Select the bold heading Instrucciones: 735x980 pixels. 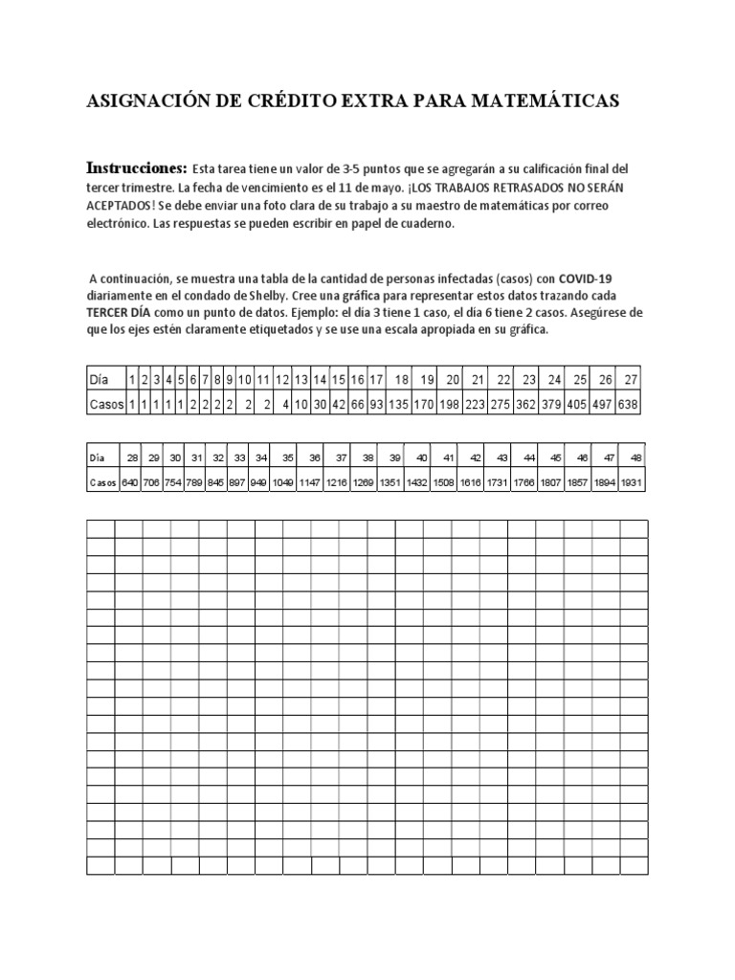point(137,167)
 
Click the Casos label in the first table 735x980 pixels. point(105,404)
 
